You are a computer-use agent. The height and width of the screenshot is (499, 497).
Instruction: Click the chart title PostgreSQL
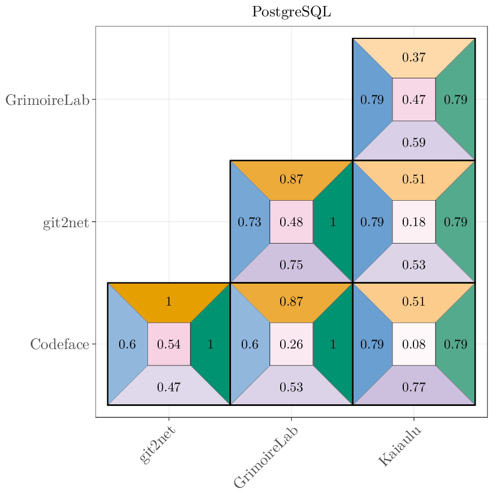click(291, 12)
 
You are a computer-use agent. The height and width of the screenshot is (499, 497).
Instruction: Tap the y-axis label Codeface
click(59, 344)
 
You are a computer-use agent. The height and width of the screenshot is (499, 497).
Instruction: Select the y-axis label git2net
click(66, 222)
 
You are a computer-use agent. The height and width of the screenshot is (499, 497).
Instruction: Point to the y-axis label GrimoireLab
click(47, 100)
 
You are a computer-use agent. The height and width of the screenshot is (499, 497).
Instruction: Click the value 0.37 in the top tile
click(413, 58)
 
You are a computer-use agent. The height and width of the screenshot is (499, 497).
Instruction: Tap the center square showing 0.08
click(413, 344)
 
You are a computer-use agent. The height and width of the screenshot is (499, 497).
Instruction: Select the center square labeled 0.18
click(413, 222)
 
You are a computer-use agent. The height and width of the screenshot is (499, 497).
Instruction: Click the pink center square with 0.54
click(168, 344)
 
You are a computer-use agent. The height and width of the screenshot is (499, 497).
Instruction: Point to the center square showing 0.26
click(291, 344)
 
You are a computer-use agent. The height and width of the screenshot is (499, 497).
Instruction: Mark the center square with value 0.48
click(291, 222)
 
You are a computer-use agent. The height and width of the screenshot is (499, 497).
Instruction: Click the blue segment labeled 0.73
click(249, 222)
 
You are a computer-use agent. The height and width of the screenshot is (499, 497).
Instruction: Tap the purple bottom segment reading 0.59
click(413, 142)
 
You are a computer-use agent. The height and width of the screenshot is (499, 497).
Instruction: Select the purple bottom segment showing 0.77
click(413, 387)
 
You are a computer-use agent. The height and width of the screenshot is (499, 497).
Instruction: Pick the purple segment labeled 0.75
click(291, 264)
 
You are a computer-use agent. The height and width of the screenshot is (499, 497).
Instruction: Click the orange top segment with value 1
click(168, 302)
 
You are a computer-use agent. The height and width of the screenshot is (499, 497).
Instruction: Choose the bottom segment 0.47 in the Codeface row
click(168, 387)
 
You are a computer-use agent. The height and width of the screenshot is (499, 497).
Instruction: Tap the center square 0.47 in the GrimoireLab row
click(413, 100)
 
